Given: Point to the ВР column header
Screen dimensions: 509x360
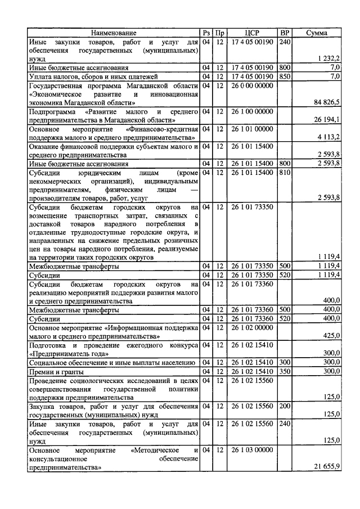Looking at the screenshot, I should [x=285, y=33].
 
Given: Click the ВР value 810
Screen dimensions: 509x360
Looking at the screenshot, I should [x=285, y=172].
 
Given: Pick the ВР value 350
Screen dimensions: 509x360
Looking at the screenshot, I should [x=285, y=371].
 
